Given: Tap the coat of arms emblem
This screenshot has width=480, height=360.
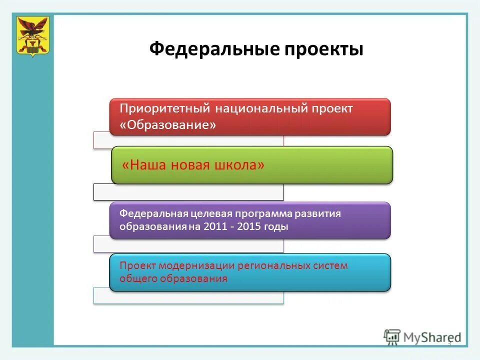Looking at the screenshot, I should point(32,35).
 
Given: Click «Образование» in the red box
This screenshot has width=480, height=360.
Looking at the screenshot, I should point(168,125).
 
